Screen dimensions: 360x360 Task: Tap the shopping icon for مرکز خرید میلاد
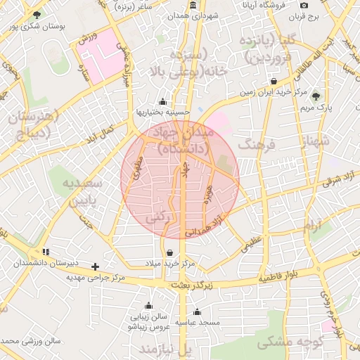pos(169,253)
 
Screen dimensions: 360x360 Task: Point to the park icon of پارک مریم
pos(316,96)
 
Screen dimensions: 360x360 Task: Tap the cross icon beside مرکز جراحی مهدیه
pos(96,266)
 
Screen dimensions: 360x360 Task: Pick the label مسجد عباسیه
pos(198,322)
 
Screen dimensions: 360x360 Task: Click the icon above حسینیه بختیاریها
pos(163,101)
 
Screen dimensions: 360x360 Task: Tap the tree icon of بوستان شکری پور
pos(37,15)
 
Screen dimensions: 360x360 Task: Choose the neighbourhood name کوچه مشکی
pos(290,342)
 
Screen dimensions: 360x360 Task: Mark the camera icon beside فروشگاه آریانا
pos(304,6)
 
